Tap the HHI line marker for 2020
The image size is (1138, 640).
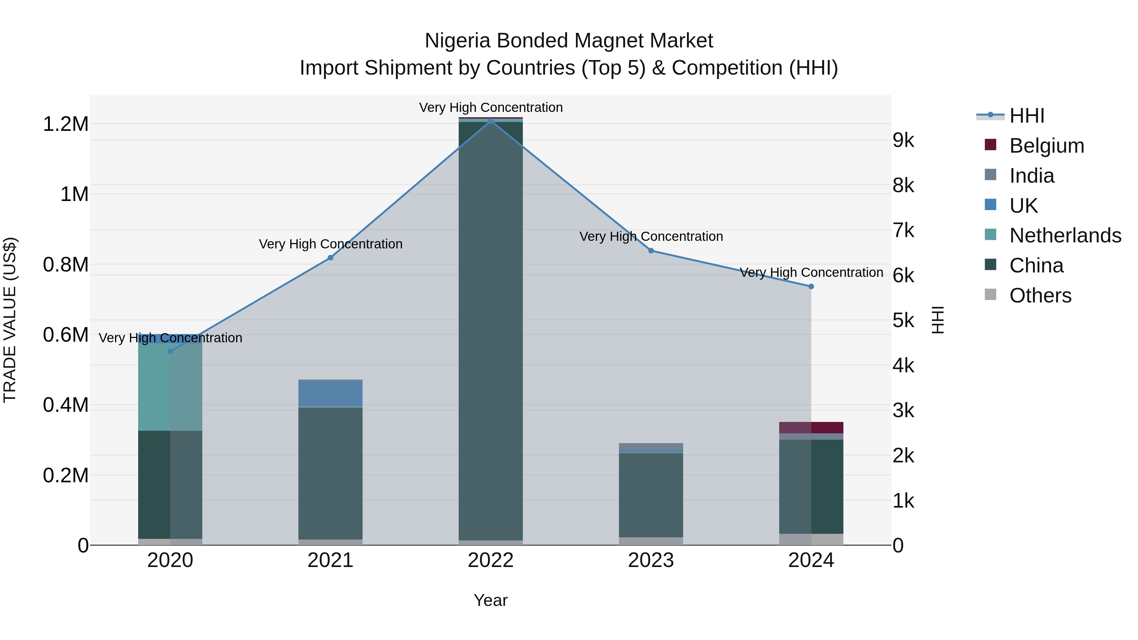tap(170, 351)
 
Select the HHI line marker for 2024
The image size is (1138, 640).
tap(811, 286)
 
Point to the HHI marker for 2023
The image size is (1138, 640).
tap(651, 250)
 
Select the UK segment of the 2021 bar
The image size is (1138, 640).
tap(330, 393)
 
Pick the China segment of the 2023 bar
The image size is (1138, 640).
tap(651, 495)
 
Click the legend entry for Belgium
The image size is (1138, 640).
tap(1046, 146)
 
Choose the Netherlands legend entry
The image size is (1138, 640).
tap(1065, 235)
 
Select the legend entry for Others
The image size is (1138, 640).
tap(1040, 296)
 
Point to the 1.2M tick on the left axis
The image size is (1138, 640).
tap(65, 124)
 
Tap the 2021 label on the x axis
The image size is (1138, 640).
tap(330, 560)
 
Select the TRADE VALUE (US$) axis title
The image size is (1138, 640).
tap(10, 320)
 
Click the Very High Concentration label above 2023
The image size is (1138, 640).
tap(651, 236)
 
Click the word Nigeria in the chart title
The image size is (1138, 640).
tap(457, 41)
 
